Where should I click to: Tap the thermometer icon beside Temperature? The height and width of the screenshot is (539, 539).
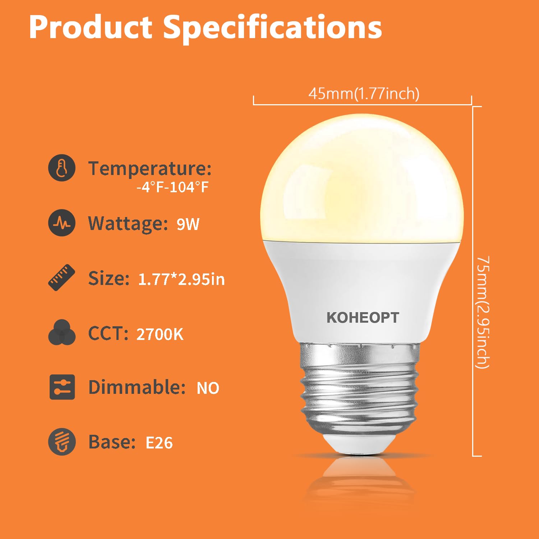click(x=62, y=168)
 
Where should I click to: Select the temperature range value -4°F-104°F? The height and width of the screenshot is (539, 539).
click(x=172, y=187)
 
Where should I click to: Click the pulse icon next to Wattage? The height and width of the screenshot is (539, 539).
click(x=62, y=223)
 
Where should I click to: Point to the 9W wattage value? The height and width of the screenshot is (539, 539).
click(x=188, y=224)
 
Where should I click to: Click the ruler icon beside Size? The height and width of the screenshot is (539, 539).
click(x=62, y=277)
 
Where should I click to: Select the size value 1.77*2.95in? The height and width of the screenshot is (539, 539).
click(x=181, y=279)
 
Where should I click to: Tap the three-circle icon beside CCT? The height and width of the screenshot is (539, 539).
click(x=62, y=333)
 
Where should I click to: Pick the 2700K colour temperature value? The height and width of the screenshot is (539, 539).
click(x=160, y=335)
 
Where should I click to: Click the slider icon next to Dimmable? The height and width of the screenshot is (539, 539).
click(x=62, y=387)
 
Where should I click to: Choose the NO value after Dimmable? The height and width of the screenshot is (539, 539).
click(x=208, y=388)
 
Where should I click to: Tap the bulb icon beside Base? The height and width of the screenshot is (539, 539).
click(x=62, y=442)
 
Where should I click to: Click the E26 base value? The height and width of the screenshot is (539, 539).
click(x=159, y=443)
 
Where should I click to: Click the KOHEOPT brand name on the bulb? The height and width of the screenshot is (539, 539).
click(x=363, y=318)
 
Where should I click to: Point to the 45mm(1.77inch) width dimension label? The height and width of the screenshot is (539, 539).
click(x=364, y=94)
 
